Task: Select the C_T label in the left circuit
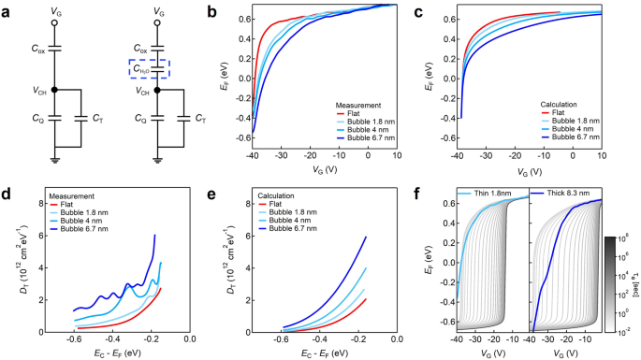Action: (96, 118)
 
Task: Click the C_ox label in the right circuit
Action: (139, 44)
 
